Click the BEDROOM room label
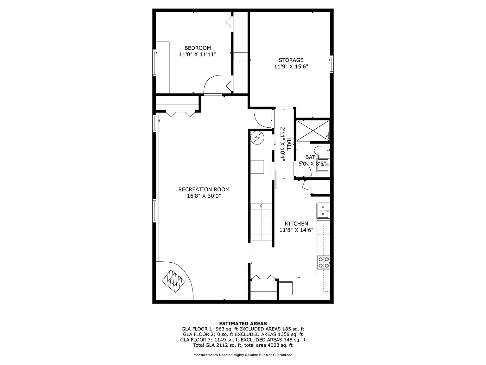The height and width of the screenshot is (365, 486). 198,48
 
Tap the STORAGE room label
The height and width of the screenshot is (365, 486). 291,60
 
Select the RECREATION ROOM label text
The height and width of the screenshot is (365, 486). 204,189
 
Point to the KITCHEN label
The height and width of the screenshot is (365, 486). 296,223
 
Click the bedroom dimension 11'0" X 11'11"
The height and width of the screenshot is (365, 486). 198,54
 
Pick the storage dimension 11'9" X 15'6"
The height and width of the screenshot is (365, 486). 291,67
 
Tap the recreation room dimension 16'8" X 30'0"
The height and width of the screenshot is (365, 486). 204,196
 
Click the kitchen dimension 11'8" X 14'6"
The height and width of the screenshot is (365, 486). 296,230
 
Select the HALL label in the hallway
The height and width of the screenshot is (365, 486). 289,144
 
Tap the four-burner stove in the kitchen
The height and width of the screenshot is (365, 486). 323,262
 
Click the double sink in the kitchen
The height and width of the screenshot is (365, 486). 323,211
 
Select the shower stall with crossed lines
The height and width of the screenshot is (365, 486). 313,131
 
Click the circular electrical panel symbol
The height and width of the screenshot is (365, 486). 257,138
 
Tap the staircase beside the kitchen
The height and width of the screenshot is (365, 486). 261,222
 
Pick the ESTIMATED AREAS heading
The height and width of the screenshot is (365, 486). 243,323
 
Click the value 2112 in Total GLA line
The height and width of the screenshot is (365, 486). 219,345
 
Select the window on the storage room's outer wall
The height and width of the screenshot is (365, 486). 332,64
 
